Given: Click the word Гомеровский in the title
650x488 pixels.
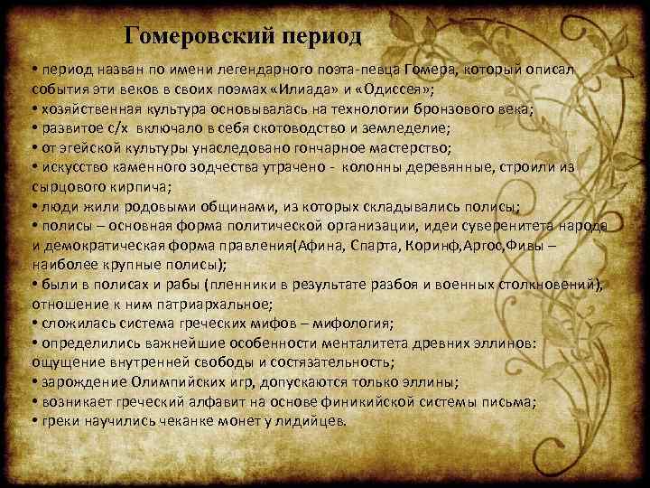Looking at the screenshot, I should point(186,36).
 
